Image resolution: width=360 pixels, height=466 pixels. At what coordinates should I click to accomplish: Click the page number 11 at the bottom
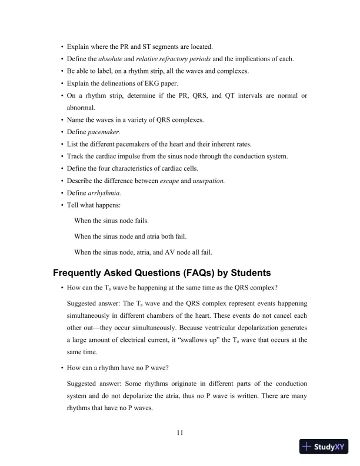(180, 433)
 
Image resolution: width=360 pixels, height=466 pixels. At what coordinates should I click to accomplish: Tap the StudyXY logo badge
(323, 447)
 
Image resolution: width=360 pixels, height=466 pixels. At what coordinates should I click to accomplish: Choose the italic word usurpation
(209, 182)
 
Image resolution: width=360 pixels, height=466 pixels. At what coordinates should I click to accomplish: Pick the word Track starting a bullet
(76, 157)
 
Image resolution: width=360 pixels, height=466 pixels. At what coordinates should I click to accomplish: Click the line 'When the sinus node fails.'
(111, 220)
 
